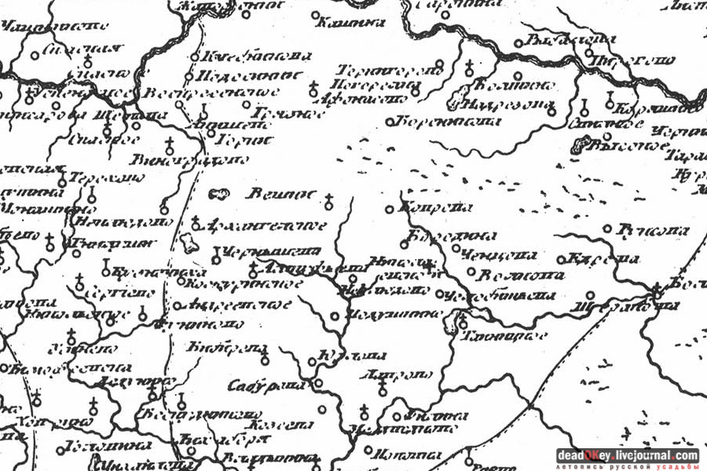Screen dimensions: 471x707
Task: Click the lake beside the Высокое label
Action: [584, 144]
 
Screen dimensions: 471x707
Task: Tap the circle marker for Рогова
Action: [606, 228]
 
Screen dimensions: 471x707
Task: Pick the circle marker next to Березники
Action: [390, 122]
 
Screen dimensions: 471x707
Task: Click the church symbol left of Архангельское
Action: [196, 225]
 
